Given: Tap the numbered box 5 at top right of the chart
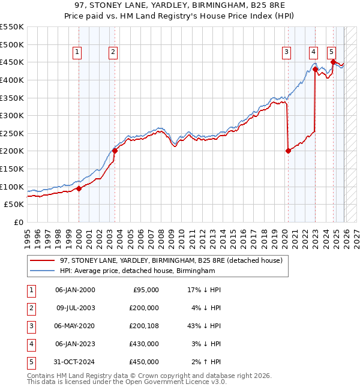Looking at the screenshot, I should point(331,52).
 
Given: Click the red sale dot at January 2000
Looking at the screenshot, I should point(79,188).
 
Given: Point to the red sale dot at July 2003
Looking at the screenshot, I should point(115,151).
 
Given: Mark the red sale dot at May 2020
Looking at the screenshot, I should point(288,151).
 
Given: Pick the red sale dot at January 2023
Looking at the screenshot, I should point(315,69).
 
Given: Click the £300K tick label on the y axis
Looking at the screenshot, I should point(12,115).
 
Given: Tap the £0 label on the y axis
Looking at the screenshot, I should point(18,222).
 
